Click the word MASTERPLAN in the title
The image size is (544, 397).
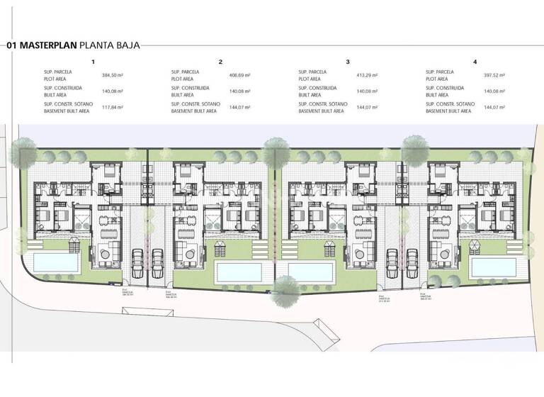pyautogui.click(x=48, y=45)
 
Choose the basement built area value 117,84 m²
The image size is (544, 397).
pyautogui.click(x=112, y=107)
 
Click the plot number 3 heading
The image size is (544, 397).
pyautogui.click(x=348, y=62)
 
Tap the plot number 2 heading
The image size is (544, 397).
pyautogui.click(x=220, y=62)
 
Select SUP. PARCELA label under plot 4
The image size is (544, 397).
pyautogui.click(x=440, y=72)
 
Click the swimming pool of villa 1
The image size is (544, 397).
pyautogui.click(x=55, y=262)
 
